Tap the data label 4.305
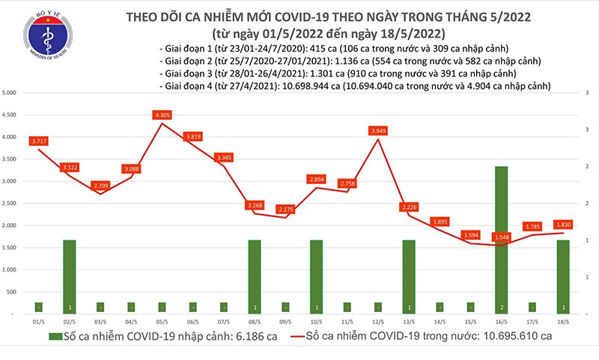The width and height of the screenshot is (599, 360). tap(162, 115)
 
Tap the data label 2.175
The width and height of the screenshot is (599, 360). tap(285, 210)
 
